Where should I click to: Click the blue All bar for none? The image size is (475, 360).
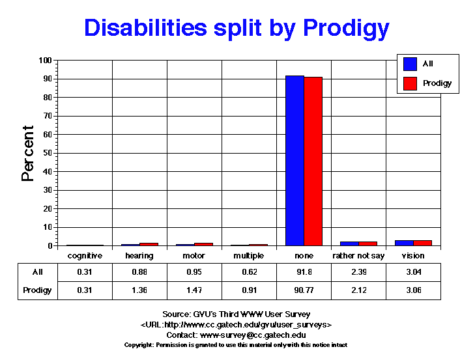click(x=295, y=161)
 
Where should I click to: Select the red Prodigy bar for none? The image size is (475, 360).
click(x=313, y=161)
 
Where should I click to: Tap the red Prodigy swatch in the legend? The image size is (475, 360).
click(x=410, y=83)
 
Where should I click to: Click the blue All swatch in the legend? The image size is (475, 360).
click(x=410, y=64)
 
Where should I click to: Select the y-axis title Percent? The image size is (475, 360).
click(x=28, y=153)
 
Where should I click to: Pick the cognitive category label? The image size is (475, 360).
click(x=85, y=256)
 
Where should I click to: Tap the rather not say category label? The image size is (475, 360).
click(x=358, y=256)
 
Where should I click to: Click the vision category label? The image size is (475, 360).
click(x=413, y=256)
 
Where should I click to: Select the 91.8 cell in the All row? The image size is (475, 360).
click(x=304, y=272)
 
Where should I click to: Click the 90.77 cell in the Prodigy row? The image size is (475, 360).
click(x=304, y=290)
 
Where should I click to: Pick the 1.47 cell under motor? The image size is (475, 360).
click(x=194, y=290)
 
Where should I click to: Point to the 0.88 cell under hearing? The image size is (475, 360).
click(x=139, y=272)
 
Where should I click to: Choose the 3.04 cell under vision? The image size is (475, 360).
click(x=413, y=272)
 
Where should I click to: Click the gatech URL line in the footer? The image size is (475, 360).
click(x=237, y=324)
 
